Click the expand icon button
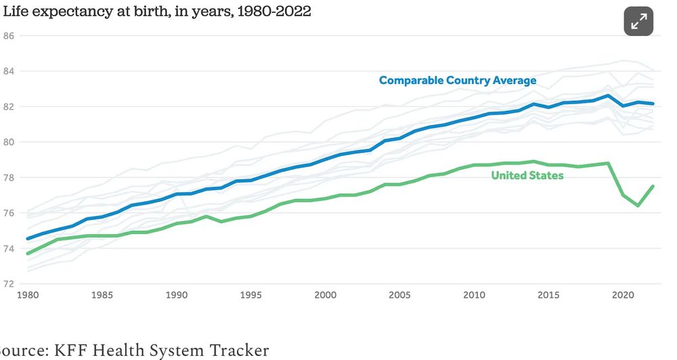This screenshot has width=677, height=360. pos(638,22)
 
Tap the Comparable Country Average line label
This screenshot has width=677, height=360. pos(458,81)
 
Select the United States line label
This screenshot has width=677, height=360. pos(527,176)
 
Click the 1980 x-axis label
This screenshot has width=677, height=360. pos(27,295)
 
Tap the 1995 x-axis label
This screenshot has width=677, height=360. pos(250,295)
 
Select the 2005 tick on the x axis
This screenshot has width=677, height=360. pos(399,295)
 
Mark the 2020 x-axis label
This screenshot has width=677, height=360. pos(623,295)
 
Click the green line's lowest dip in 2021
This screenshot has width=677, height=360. pos(638,205)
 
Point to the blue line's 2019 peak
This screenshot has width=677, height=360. pos(608,95)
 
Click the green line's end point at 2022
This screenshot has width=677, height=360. pos(653,186)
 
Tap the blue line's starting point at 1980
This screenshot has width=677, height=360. pos(27,239)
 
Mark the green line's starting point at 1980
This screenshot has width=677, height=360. pos(27,254)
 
